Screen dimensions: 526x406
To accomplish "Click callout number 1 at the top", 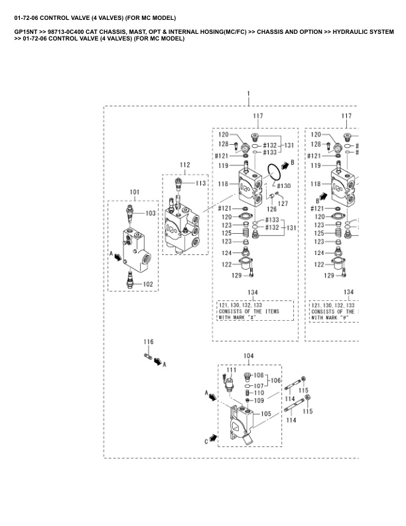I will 248,94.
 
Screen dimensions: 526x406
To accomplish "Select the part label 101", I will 134,193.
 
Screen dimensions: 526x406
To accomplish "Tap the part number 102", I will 148,284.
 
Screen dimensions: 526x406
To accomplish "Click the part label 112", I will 185,164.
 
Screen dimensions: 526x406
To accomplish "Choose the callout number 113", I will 200,183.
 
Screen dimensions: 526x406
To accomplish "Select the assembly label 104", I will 248,356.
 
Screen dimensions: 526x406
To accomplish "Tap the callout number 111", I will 232,369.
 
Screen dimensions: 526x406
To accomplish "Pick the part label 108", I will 259,376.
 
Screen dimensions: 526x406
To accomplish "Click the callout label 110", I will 259,393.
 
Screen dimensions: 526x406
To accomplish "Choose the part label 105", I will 265,414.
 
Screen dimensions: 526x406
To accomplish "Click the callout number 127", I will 283,204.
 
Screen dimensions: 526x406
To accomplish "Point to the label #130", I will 283,185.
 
